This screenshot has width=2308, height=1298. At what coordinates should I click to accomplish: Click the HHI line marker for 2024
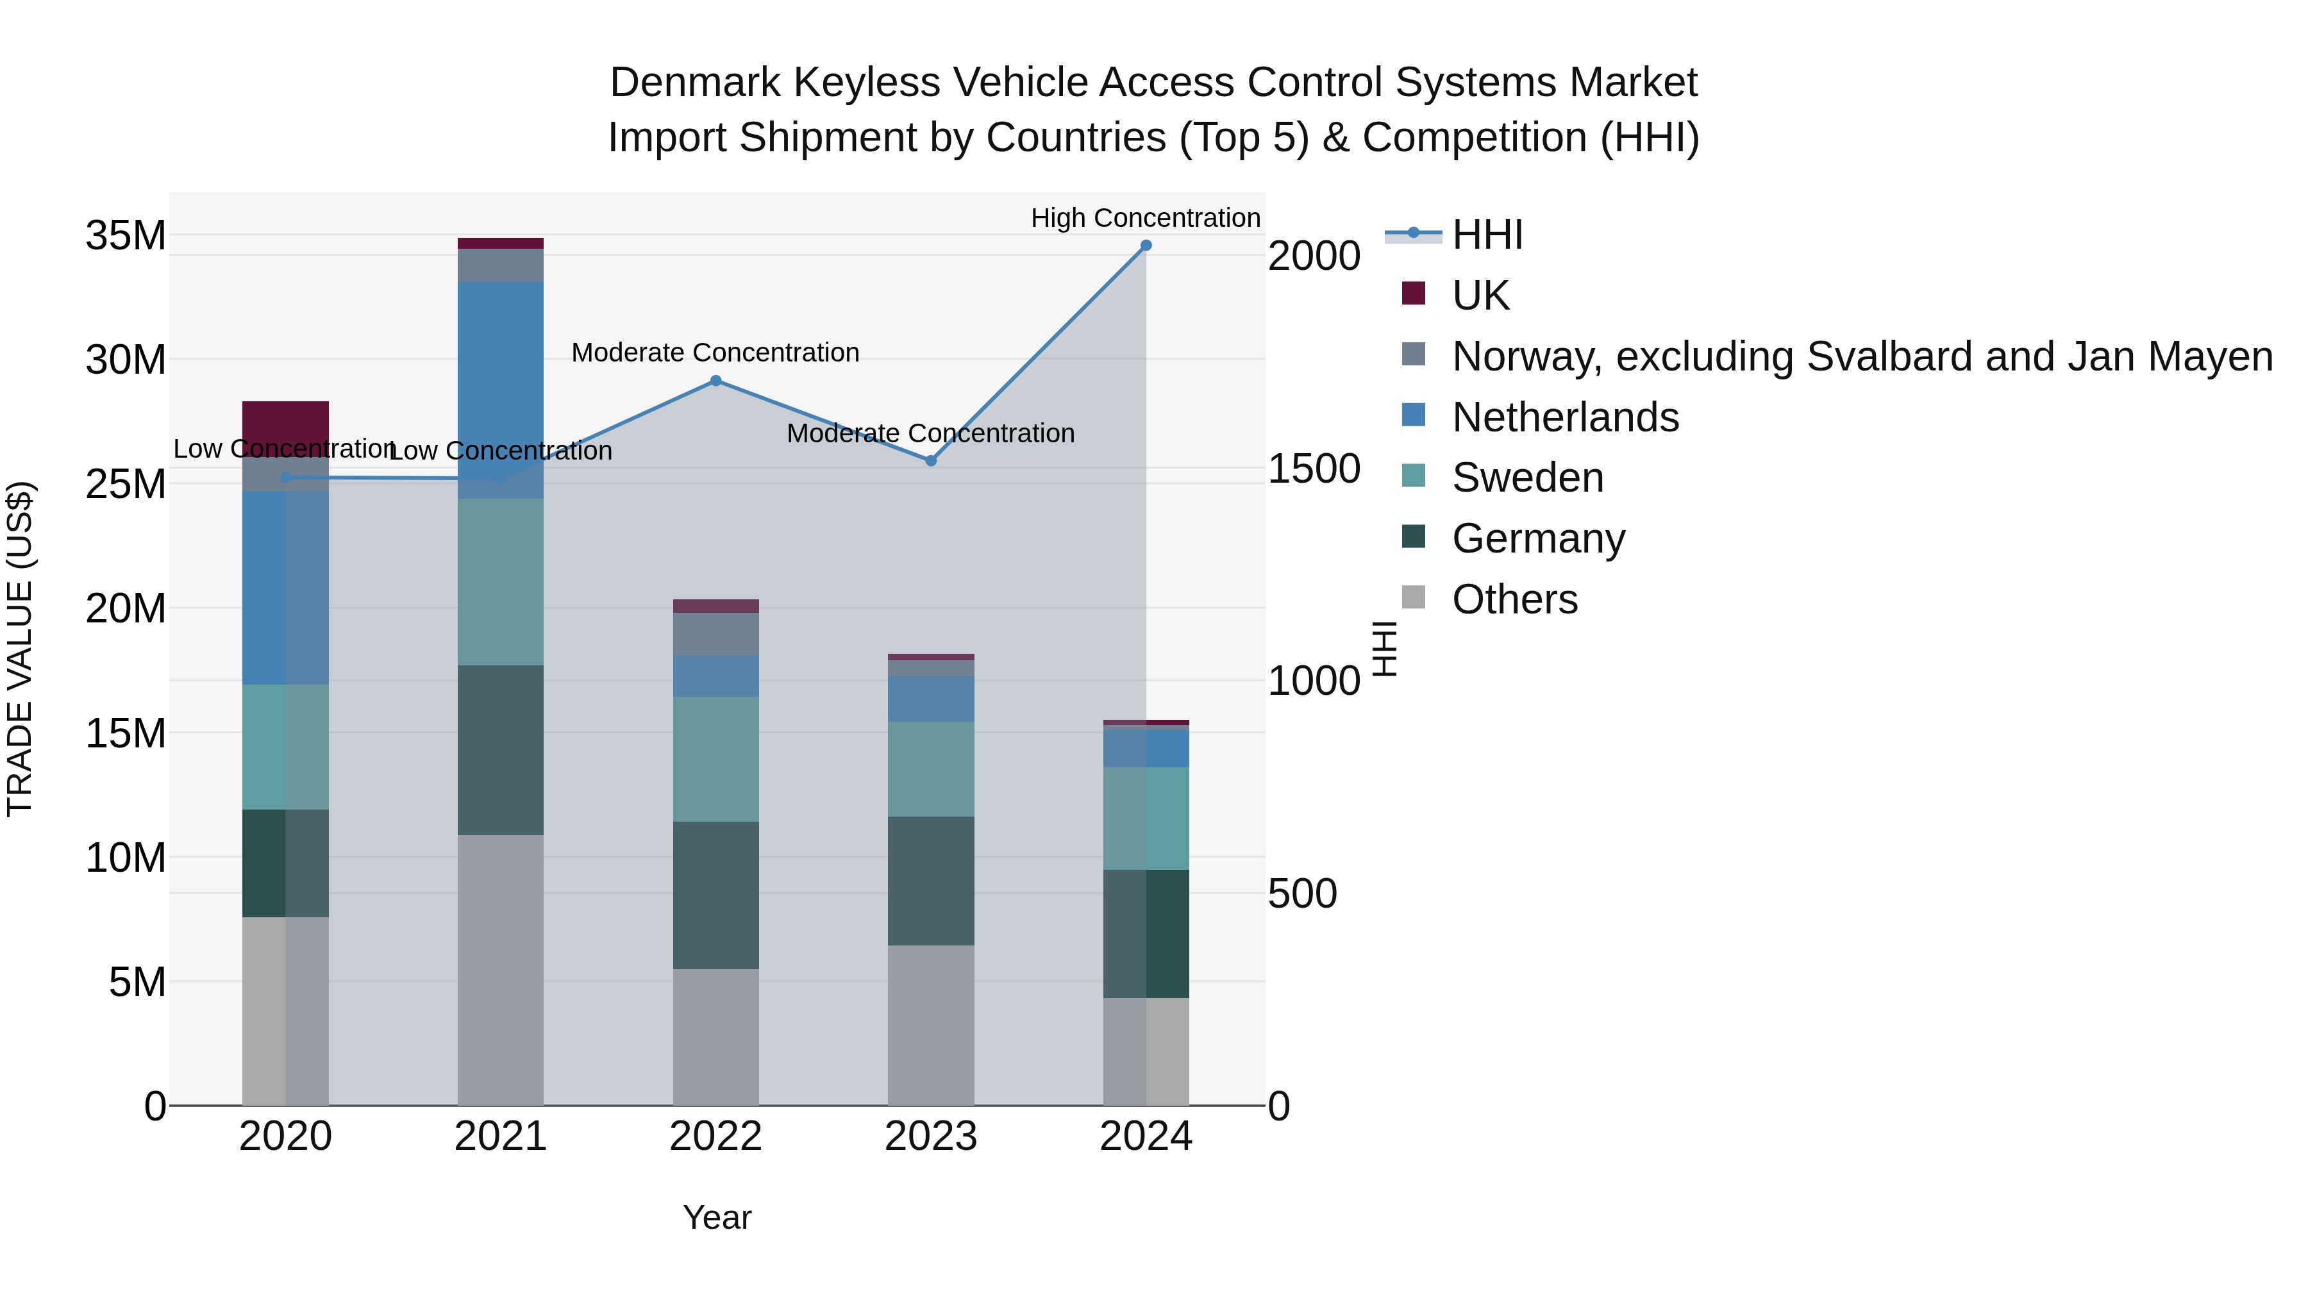click(1145, 245)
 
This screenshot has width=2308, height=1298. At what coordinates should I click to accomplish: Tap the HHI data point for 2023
click(930, 460)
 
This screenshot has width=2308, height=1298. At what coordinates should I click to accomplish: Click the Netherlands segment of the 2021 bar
click(500, 390)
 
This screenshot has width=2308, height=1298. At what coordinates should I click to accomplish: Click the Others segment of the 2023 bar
click(930, 1025)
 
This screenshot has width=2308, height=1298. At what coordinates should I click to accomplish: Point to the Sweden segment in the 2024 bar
click(1145, 818)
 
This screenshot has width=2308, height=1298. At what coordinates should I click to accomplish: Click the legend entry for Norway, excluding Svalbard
click(1861, 356)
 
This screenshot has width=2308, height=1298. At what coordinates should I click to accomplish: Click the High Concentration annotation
click(1145, 218)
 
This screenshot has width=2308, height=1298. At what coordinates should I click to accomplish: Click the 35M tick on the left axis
click(126, 236)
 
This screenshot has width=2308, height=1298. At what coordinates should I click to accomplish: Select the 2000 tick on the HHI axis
click(1314, 256)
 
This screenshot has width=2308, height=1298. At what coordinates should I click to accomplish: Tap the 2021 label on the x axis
click(500, 1136)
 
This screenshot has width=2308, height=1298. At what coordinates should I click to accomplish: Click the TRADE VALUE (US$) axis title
click(20, 649)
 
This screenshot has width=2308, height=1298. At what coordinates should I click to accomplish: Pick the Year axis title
click(717, 1217)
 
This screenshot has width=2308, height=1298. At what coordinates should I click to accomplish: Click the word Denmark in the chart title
click(694, 83)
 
